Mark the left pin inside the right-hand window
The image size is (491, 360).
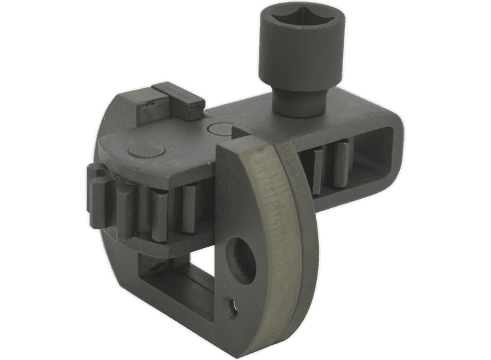click(319, 170)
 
